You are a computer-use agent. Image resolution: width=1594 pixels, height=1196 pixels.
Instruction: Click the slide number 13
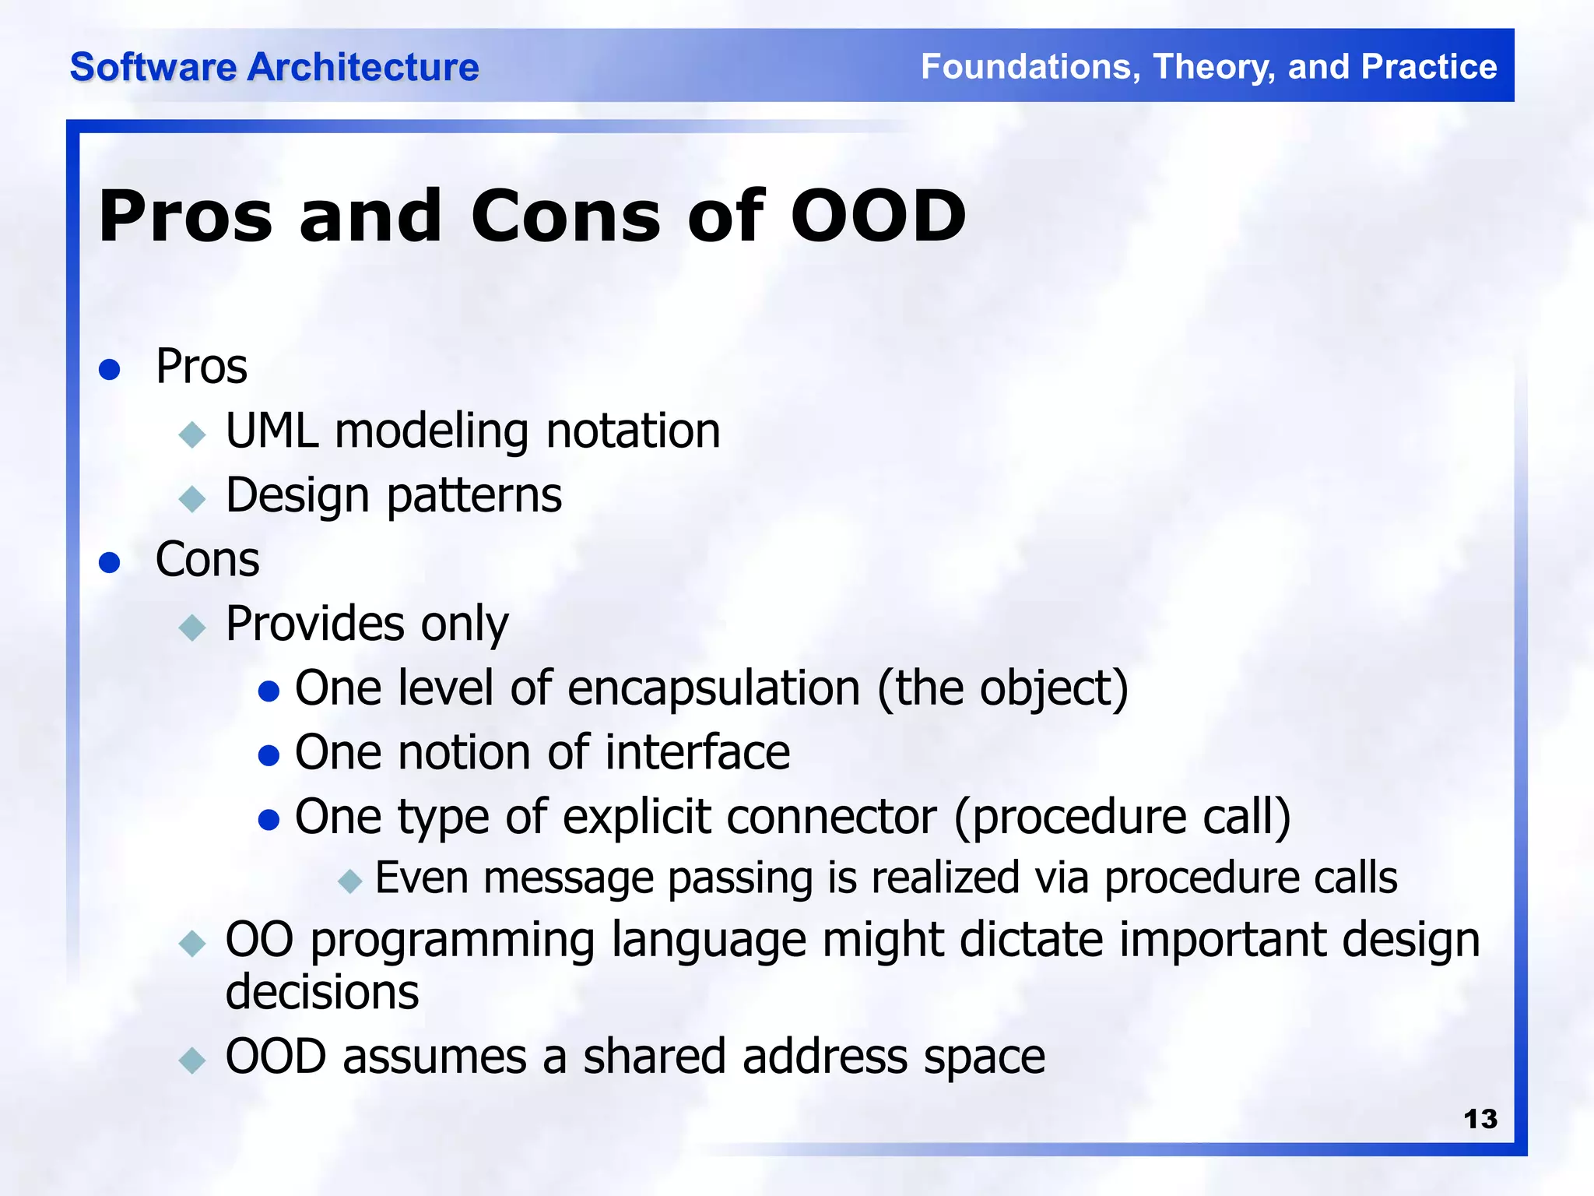click(1480, 1119)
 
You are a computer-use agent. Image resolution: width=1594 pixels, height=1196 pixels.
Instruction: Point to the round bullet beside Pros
click(110, 369)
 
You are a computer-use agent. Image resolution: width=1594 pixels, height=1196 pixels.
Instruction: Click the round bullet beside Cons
click(110, 562)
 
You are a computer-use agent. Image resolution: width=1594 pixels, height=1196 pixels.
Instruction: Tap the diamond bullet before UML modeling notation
click(191, 434)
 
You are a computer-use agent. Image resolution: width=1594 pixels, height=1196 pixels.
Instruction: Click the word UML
click(272, 431)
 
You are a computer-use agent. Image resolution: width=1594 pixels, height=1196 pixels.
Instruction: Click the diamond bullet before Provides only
click(191, 627)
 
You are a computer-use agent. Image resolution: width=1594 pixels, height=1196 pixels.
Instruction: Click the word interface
click(697, 753)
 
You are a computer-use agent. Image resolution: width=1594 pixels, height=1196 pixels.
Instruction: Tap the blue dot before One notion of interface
click(269, 755)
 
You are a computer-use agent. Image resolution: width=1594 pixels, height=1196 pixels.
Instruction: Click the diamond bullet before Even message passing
click(350, 881)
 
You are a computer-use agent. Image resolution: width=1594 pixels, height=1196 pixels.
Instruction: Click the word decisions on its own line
click(322, 993)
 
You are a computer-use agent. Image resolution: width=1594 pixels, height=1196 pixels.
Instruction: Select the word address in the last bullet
click(826, 1057)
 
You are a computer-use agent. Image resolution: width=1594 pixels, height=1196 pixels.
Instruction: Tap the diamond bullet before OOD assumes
click(191, 1061)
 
